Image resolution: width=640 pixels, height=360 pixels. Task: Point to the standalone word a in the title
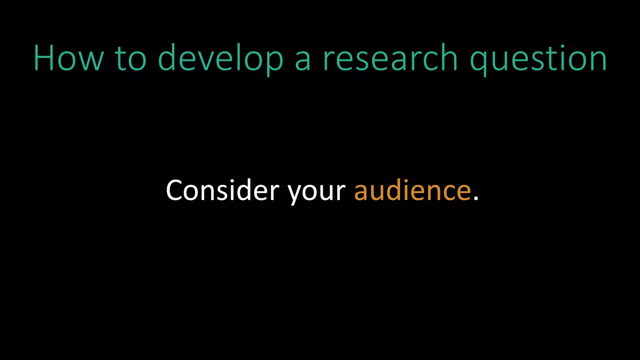[x=303, y=61]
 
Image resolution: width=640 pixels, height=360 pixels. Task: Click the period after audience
[x=476, y=198]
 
